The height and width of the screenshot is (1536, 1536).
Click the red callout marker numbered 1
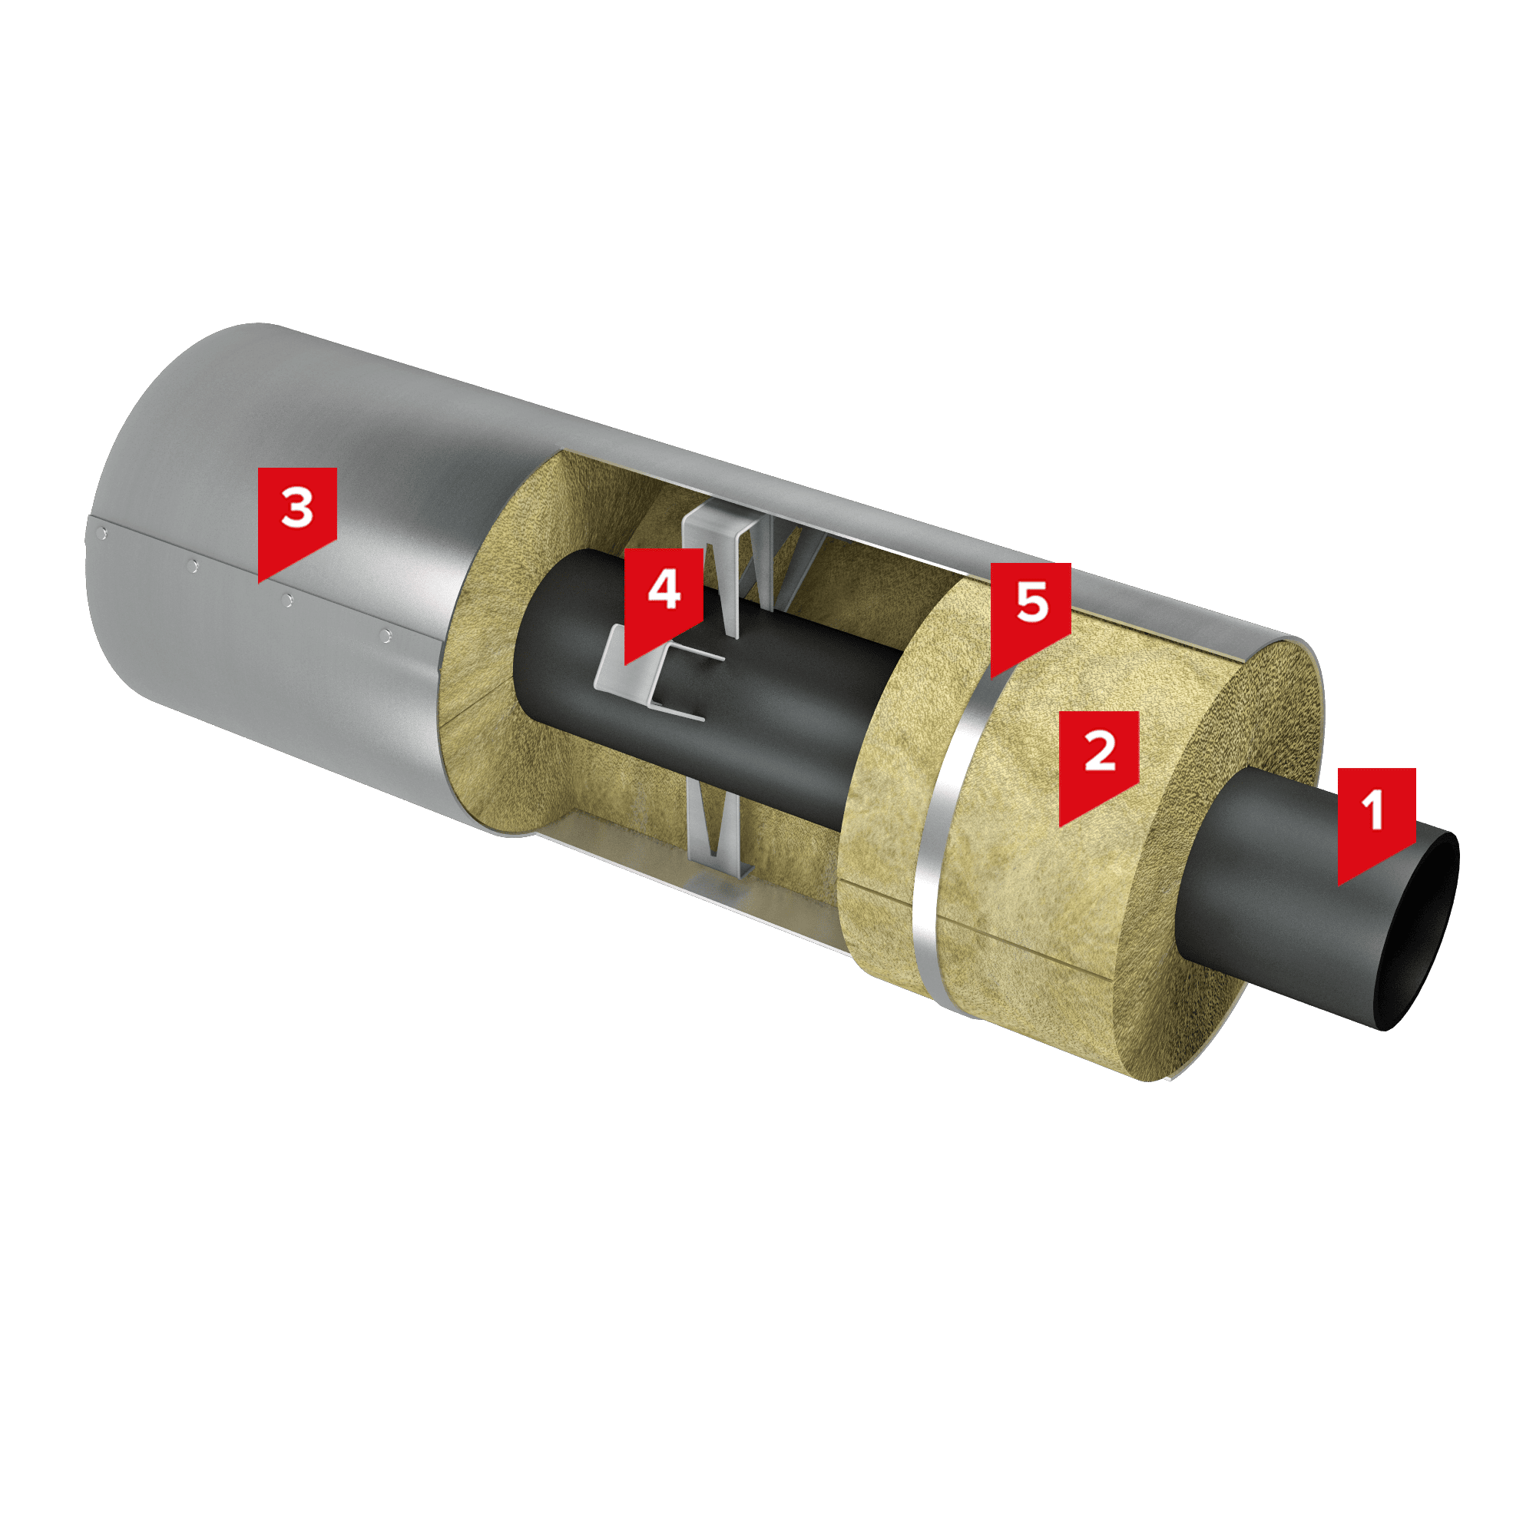[1376, 819]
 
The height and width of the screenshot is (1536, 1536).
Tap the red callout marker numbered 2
[1100, 762]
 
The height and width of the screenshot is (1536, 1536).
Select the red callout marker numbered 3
[297, 518]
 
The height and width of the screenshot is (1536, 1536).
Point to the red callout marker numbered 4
[664, 598]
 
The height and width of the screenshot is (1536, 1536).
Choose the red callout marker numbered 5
[1031, 614]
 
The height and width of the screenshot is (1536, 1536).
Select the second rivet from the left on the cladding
[193, 566]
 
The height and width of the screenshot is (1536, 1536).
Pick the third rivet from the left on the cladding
[288, 601]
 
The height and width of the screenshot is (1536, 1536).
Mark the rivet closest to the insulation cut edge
[386, 635]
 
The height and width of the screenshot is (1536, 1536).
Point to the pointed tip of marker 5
[991, 677]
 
